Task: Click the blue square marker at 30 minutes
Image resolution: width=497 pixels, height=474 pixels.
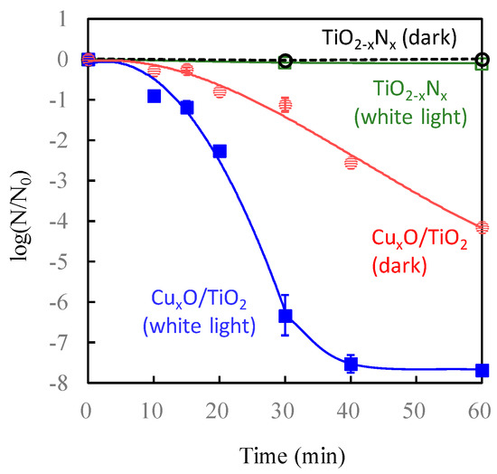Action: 285,316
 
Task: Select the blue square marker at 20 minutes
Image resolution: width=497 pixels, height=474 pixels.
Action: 220,151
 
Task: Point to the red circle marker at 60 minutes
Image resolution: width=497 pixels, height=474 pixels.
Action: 482,227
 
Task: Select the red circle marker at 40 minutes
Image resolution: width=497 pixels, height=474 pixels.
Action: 351,163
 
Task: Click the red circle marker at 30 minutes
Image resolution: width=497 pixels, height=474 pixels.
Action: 285,105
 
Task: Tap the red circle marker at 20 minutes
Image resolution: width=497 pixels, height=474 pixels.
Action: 220,91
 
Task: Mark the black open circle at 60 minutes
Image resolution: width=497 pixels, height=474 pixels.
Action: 482,59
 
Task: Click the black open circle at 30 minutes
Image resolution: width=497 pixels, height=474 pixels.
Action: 285,61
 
